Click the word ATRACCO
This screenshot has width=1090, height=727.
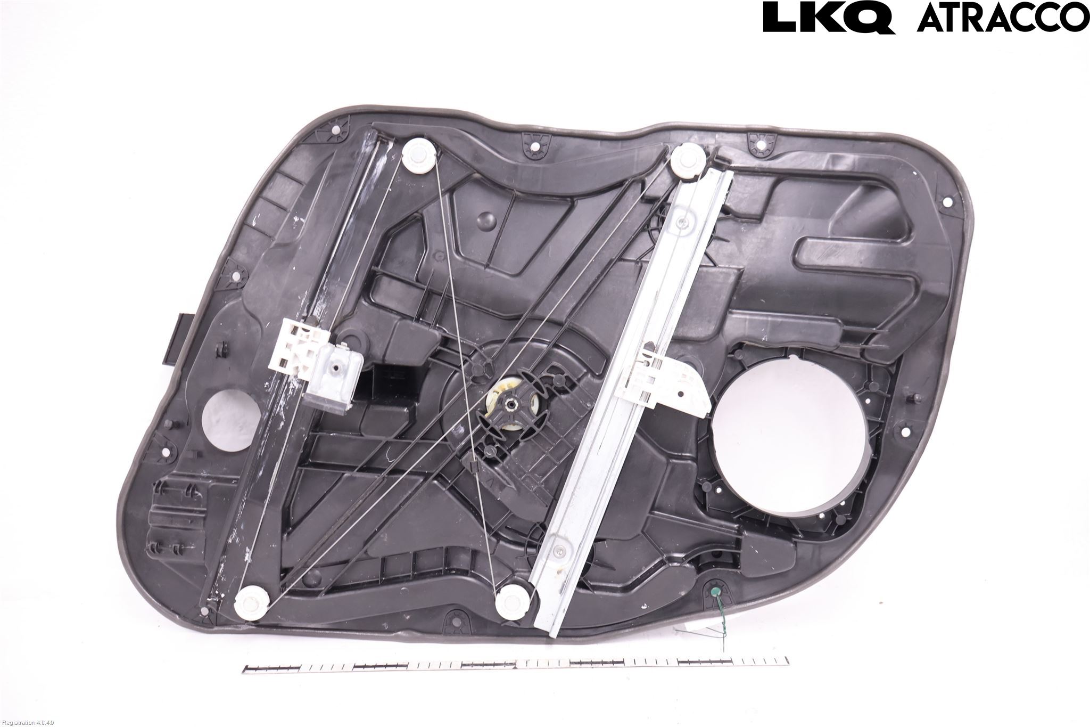[1001, 18]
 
